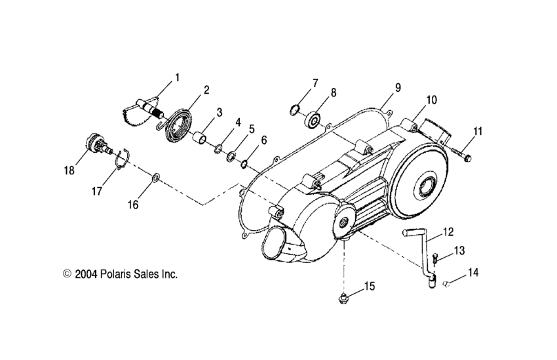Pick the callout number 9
click(x=398, y=87)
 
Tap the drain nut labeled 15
click(x=341, y=299)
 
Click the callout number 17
click(x=98, y=191)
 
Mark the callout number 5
click(x=252, y=129)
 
